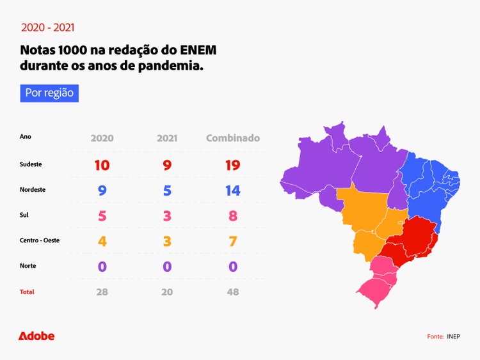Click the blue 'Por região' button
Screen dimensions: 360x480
49,93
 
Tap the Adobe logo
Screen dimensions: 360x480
36,336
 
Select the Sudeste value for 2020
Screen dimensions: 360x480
102,165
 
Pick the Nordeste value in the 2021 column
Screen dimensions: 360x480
167,190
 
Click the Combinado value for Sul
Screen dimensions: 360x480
233,215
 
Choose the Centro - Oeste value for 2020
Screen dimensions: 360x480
102,241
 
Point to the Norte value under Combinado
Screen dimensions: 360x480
233,266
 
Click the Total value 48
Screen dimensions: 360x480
233,292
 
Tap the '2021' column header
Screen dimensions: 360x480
167,138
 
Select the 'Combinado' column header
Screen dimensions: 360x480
233,138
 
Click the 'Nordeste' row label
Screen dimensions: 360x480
32,190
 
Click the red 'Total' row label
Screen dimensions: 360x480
27,292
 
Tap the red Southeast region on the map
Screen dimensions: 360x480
413,240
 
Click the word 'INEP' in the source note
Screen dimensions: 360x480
453,336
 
